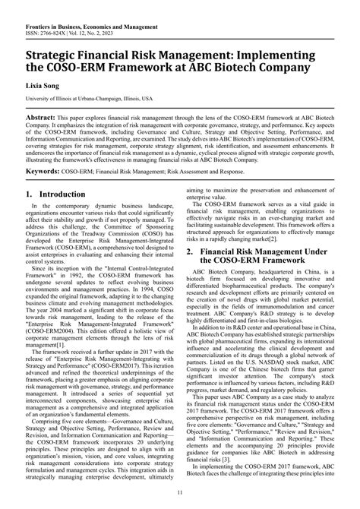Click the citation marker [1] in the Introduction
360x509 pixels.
click(x=70, y=365)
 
